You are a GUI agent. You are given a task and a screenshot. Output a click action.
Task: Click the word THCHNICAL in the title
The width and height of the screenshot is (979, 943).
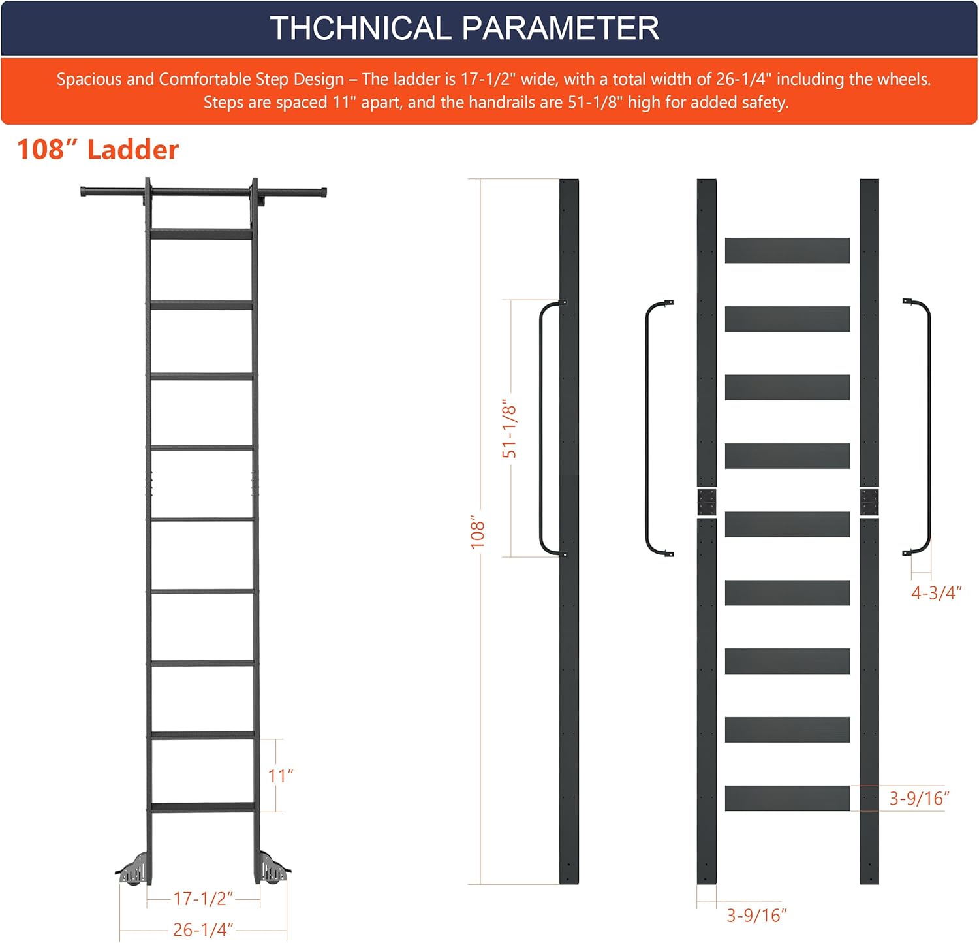pos(360,28)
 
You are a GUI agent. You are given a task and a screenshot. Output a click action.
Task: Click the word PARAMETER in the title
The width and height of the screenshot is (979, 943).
pos(561,28)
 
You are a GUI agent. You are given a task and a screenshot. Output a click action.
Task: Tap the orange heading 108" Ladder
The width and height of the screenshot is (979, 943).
pos(98,150)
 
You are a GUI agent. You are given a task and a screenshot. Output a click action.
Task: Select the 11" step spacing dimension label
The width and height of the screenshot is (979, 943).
pos(281,776)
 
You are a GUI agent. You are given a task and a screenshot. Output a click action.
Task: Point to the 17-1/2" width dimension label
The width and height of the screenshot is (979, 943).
pos(203,899)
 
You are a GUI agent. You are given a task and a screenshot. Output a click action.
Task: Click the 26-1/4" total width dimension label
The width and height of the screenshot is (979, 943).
pos(203,929)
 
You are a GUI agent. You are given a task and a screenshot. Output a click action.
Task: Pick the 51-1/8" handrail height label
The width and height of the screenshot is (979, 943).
pos(509,428)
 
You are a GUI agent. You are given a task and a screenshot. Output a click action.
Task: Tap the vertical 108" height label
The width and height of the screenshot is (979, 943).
pos(478,531)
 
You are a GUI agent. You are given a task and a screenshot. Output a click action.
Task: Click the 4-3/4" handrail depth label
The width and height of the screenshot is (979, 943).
pos(937,593)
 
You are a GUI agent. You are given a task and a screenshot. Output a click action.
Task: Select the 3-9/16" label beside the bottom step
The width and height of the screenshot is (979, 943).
pos(920,798)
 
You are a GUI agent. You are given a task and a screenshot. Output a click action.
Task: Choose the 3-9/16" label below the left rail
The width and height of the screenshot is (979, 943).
pos(757,916)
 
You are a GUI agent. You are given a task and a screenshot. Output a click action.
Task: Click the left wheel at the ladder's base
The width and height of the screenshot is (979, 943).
pos(133,869)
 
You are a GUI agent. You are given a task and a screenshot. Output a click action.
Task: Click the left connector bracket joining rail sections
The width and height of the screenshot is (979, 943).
pos(707,502)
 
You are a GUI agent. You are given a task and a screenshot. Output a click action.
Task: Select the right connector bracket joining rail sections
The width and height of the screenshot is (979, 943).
pos(869,502)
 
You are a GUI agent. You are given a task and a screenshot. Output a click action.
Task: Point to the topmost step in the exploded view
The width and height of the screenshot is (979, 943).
pos(787,251)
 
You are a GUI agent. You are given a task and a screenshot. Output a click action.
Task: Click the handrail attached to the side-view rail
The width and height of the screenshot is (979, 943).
pos(541,428)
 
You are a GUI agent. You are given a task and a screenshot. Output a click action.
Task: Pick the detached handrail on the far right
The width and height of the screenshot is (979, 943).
pos(927,428)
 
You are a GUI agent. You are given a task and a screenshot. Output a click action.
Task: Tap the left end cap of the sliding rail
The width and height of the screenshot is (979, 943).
pos(84,192)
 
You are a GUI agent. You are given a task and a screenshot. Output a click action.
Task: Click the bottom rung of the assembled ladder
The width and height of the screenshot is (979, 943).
pos(203,807)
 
